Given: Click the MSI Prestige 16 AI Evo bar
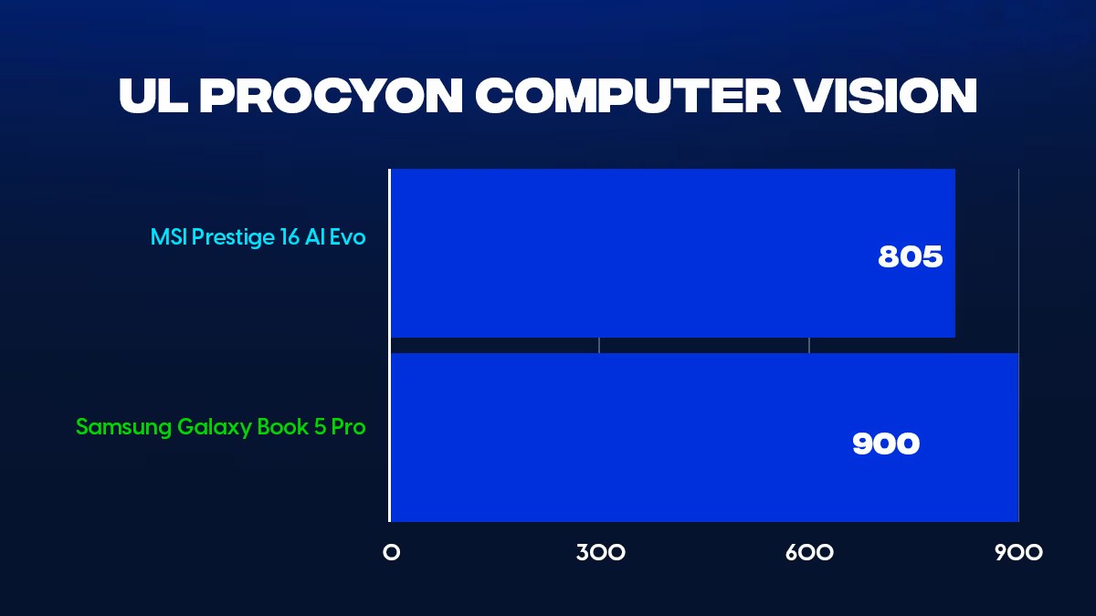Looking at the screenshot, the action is click(x=673, y=254).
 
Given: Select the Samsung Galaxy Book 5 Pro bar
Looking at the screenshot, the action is click(x=704, y=437).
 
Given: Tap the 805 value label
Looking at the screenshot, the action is click(x=910, y=256).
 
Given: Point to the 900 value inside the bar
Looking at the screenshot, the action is click(x=886, y=444).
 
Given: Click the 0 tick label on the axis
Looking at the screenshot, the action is click(x=392, y=553).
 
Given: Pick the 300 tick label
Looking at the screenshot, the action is click(x=600, y=553).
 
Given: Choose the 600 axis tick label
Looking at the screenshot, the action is click(x=809, y=553).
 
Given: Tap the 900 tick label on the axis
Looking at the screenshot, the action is click(x=1018, y=553).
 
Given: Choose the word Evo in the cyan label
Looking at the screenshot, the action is click(x=347, y=237).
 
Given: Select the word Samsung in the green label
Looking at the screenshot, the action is click(x=124, y=428).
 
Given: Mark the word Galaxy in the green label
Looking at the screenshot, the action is click(x=215, y=428).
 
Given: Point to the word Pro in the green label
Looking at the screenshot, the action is click(x=348, y=427).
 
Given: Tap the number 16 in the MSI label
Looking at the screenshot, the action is click(x=290, y=237).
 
